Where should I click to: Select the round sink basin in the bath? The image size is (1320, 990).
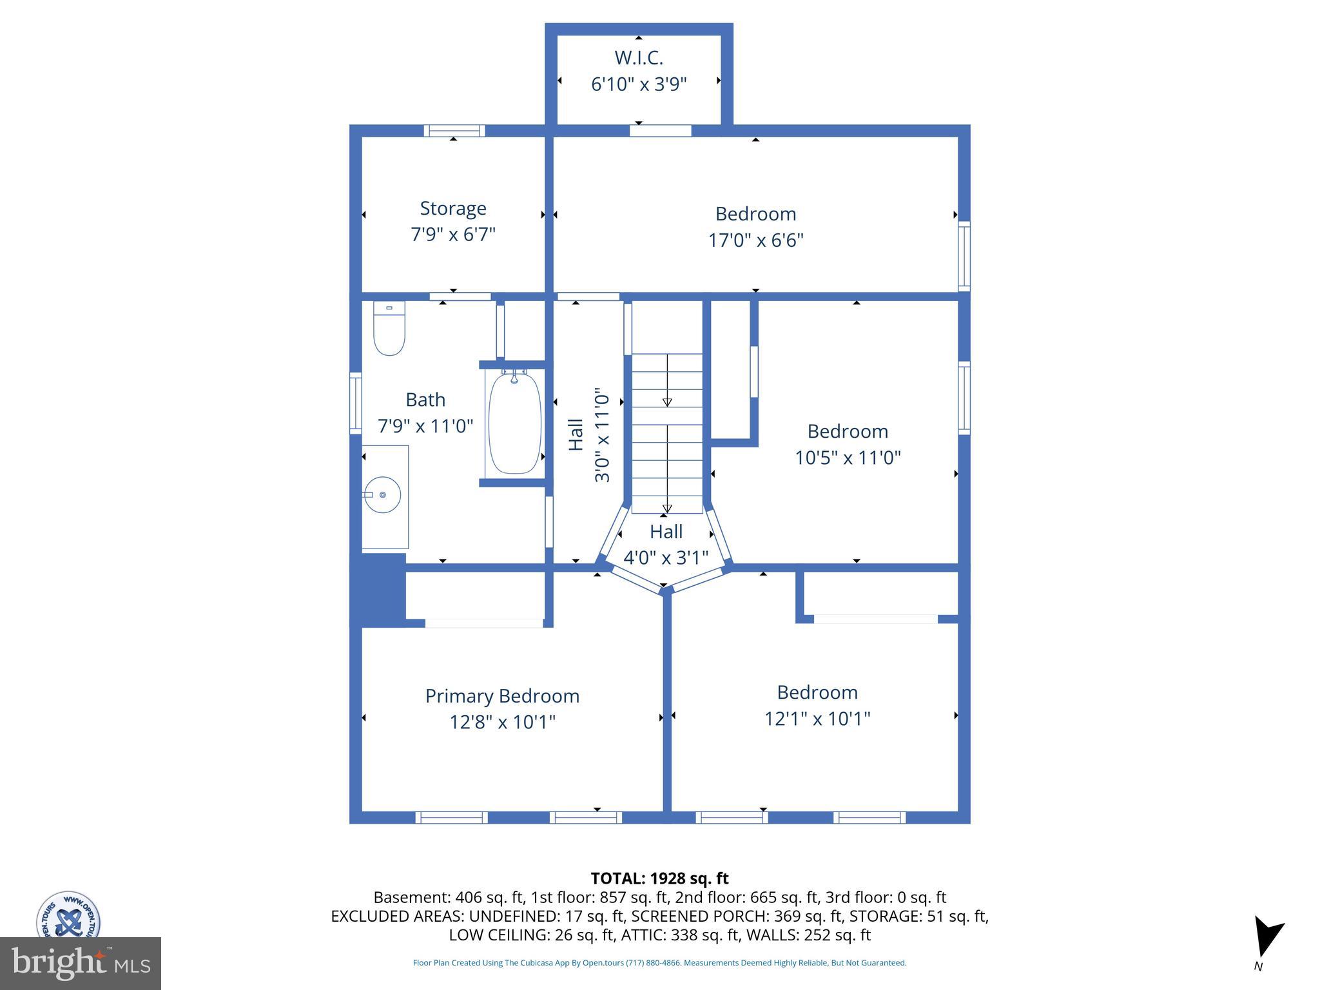tap(382, 495)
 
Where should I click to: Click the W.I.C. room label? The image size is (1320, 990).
tap(638, 58)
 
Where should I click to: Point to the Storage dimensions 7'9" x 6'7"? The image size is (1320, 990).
tap(453, 234)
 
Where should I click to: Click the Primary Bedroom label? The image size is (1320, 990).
tap(502, 696)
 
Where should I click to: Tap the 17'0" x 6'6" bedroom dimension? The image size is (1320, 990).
tap(755, 240)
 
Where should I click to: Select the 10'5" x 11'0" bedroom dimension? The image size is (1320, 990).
tap(847, 458)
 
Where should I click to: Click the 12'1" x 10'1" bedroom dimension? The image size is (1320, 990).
tap(817, 719)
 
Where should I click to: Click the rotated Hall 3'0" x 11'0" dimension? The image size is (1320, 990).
tap(601, 435)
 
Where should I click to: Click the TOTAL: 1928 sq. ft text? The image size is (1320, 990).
tap(659, 878)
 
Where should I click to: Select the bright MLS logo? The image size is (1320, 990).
tap(81, 963)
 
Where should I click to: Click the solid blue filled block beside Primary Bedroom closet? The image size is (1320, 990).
tap(378, 589)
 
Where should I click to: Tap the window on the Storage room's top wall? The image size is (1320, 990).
tap(454, 131)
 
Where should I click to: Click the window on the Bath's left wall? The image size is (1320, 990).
tap(355, 403)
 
